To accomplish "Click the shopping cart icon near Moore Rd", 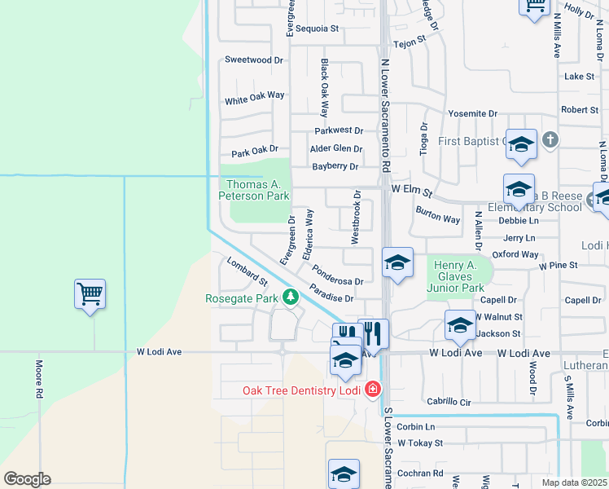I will [90, 294].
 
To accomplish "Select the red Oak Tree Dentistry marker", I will [372, 390].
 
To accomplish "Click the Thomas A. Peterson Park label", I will [254, 191].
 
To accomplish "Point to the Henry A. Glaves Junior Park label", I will [459, 276].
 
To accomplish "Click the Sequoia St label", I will [316, 29].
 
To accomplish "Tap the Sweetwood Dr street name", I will [253, 60].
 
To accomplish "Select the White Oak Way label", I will [255, 97].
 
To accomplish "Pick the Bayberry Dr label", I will [335, 166].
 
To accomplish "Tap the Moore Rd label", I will [38, 379].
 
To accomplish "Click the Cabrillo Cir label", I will [449, 402].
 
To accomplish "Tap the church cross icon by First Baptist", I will [550, 140].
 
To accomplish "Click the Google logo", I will [27, 478].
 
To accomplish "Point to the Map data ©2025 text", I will [575, 482].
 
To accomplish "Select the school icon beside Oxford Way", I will [397, 262].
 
